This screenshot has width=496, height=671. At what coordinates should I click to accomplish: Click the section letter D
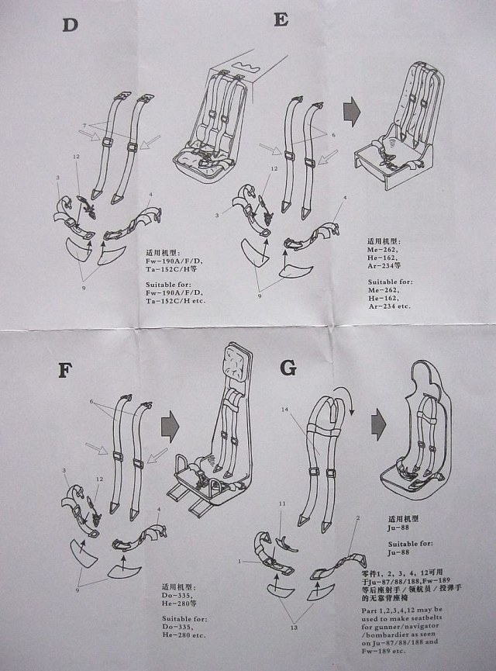tap(71, 24)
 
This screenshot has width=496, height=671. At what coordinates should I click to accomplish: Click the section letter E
tap(281, 20)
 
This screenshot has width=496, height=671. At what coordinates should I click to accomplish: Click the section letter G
tap(288, 368)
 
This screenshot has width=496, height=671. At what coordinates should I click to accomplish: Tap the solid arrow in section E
tap(353, 111)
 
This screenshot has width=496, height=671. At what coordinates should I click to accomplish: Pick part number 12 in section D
tap(77, 157)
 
